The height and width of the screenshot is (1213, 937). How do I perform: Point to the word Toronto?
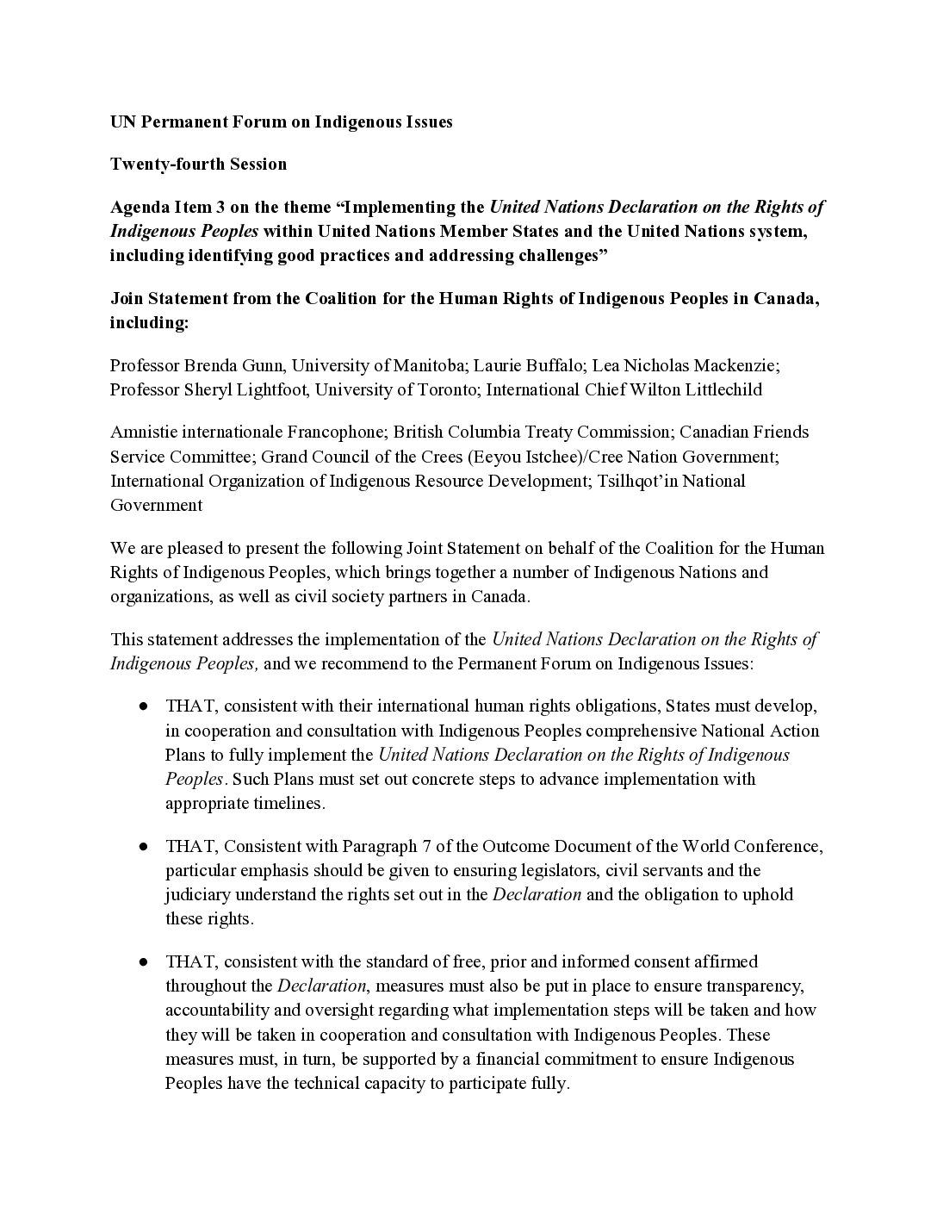click(446, 389)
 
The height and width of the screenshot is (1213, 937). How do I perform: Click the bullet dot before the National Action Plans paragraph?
click(144, 706)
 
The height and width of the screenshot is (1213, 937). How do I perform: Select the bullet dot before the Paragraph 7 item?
click(144, 846)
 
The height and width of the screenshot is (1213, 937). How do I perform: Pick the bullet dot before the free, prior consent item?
click(144, 961)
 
